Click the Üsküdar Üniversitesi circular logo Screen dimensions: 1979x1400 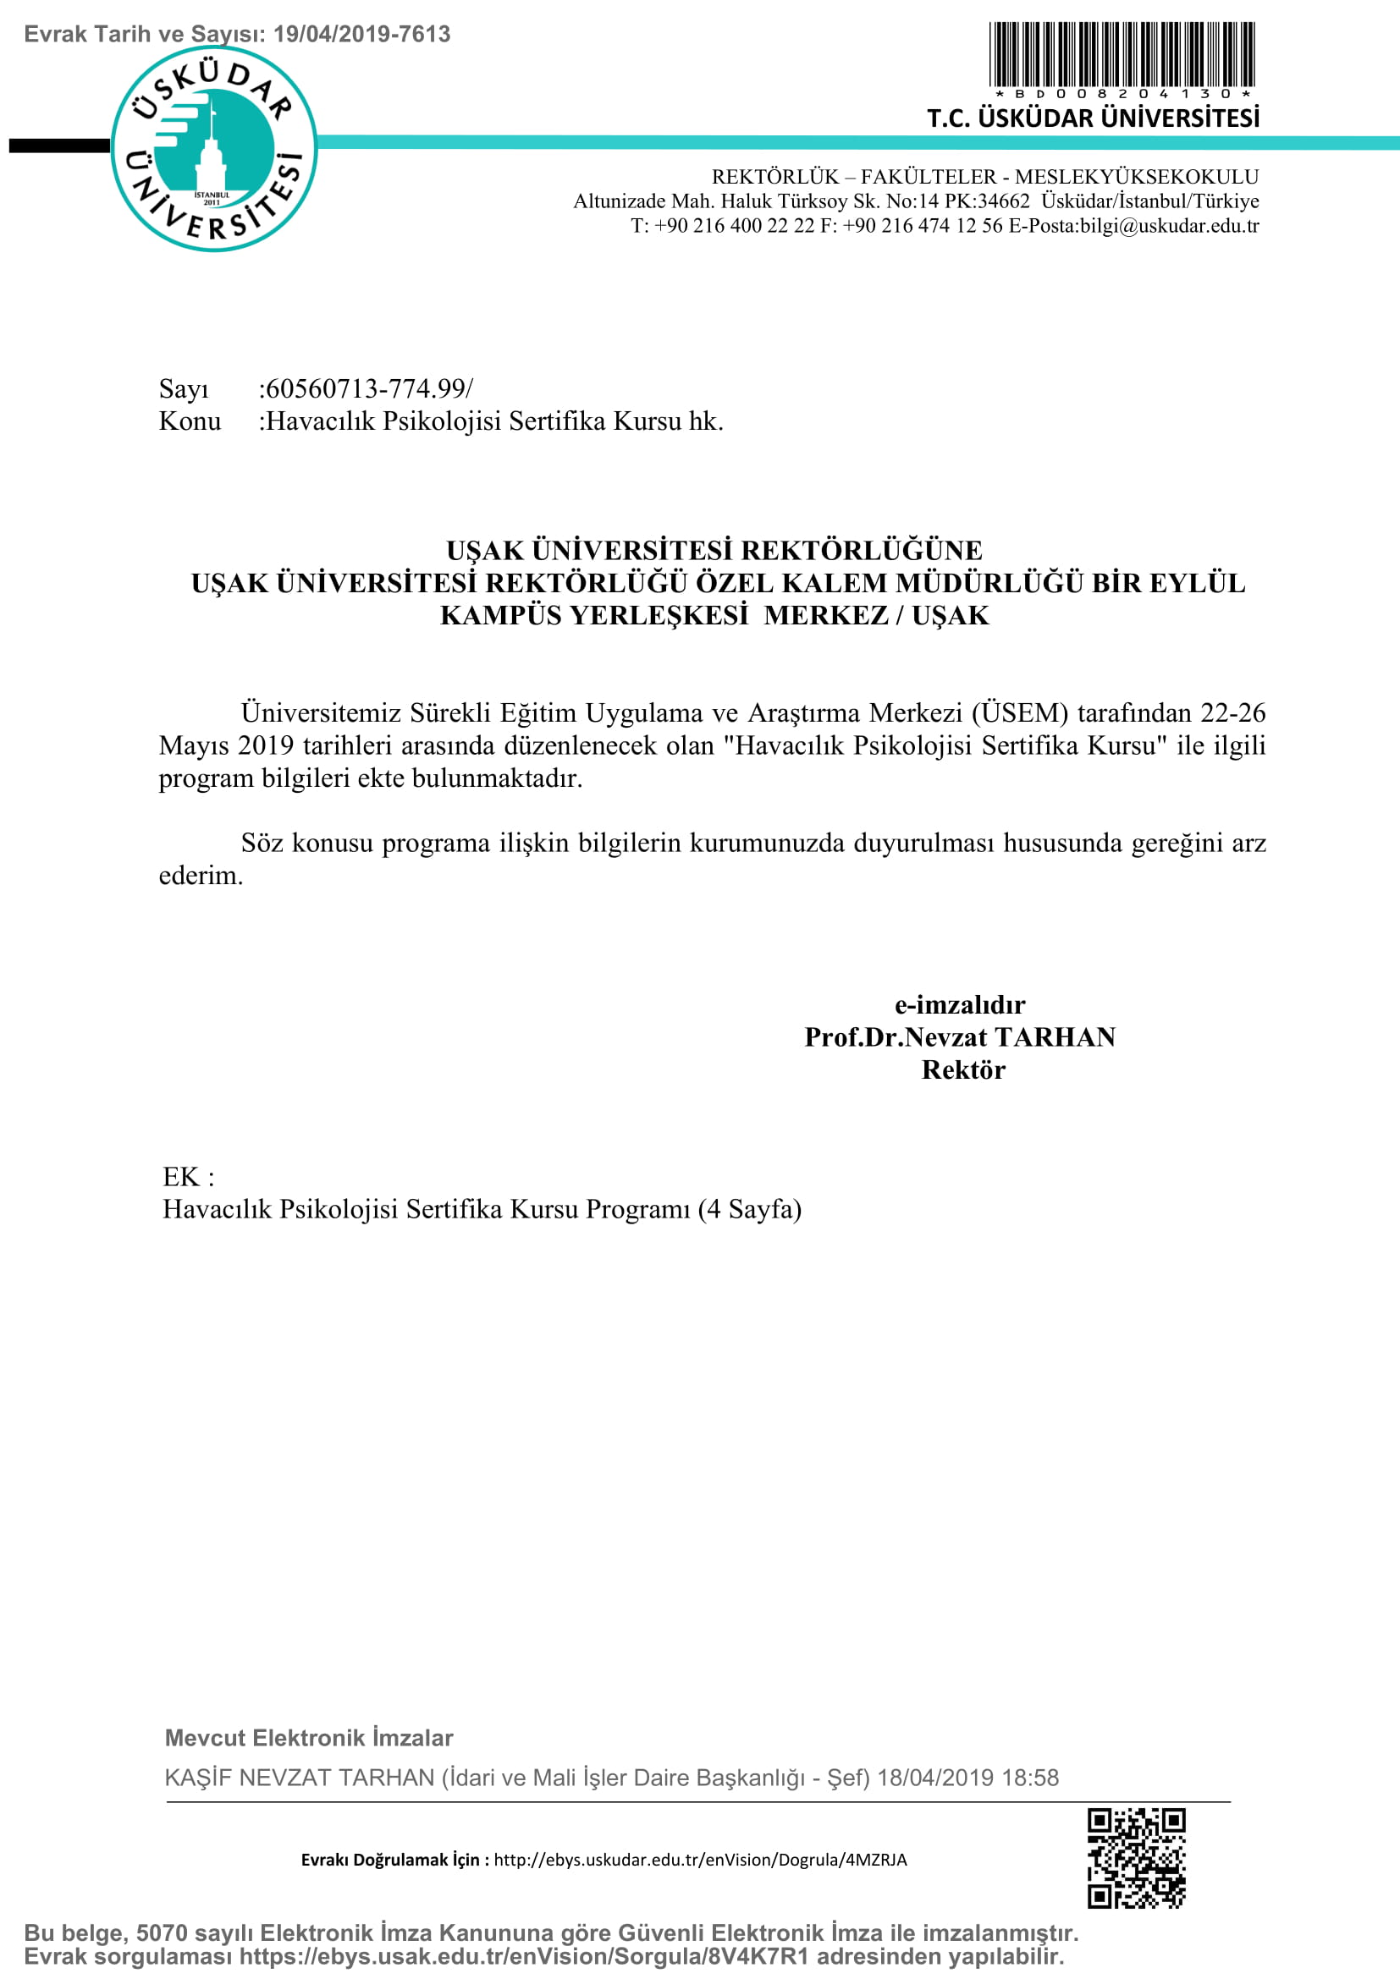(x=214, y=148)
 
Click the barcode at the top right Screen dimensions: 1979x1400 (x=1122, y=53)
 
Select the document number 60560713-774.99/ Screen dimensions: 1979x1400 (x=367, y=388)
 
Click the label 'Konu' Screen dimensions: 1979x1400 (x=190, y=421)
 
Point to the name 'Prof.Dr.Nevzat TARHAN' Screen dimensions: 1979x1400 (x=960, y=1037)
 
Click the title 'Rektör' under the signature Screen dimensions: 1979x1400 (x=963, y=1069)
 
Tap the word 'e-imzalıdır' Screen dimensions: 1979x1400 (x=960, y=1004)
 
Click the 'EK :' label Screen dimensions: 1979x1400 (x=188, y=1177)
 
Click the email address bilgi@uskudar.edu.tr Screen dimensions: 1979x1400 (x=1169, y=226)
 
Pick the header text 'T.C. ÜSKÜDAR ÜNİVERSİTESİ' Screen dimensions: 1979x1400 (x=1092, y=118)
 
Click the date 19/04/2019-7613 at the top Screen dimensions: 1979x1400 (x=362, y=35)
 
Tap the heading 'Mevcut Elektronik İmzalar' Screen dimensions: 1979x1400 (x=309, y=1738)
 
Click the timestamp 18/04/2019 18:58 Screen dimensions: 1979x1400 (x=967, y=1778)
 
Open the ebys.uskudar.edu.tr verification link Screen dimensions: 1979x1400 (x=700, y=1859)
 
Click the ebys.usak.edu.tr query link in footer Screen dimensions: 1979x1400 (x=524, y=1957)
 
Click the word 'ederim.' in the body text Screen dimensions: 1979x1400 (x=201, y=876)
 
